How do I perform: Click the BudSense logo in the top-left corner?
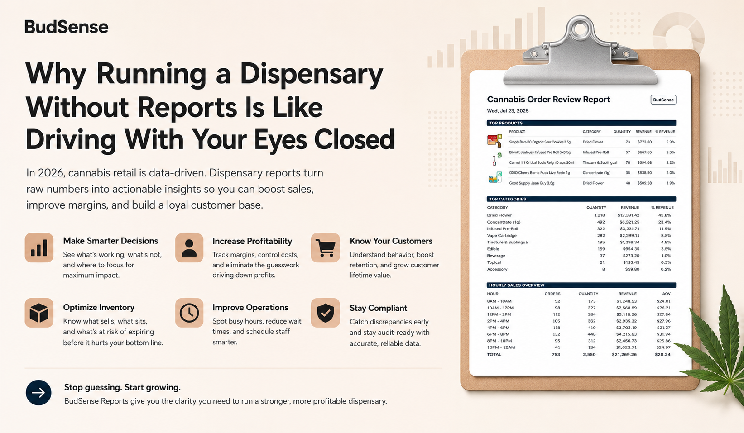point(67,27)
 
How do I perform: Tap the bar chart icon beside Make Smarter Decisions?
point(39,247)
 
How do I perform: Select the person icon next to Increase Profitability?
point(189,247)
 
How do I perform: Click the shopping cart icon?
point(325,247)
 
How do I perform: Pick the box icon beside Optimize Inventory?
point(39,313)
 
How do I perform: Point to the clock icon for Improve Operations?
point(189,313)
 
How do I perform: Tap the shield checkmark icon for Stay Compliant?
point(325,313)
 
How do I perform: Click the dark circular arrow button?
point(38,393)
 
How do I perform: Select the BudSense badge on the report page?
point(663,100)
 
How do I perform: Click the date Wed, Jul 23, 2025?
point(508,111)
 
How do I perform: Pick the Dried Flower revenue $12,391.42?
point(629,215)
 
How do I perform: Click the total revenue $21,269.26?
point(624,354)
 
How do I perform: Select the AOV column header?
point(666,294)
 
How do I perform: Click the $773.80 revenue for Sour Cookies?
point(644,142)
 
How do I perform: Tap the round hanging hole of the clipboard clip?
point(580,29)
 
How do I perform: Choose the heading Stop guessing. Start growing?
point(122,387)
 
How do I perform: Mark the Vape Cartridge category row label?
point(502,236)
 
